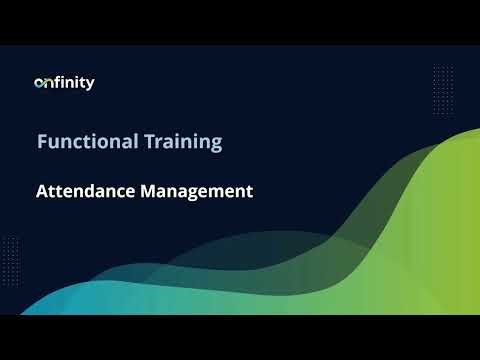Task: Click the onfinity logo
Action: tap(64, 83)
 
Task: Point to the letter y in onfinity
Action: tap(90, 85)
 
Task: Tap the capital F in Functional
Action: tap(42, 141)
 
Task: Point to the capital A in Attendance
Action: tap(42, 190)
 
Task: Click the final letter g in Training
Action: tap(215, 143)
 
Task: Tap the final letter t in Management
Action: tap(249, 190)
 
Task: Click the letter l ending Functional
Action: tap(130, 141)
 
